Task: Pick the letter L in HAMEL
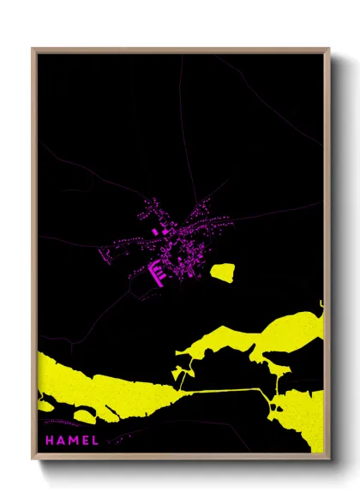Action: [95, 441]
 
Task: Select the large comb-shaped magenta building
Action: [159, 273]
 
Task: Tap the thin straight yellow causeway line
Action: [223, 391]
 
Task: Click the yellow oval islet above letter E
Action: [84, 416]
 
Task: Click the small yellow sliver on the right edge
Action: [321, 306]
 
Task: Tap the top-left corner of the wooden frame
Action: [33, 50]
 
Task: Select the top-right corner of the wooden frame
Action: [328, 50]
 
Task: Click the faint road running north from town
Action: [182, 129]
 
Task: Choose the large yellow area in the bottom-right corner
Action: [304, 420]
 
